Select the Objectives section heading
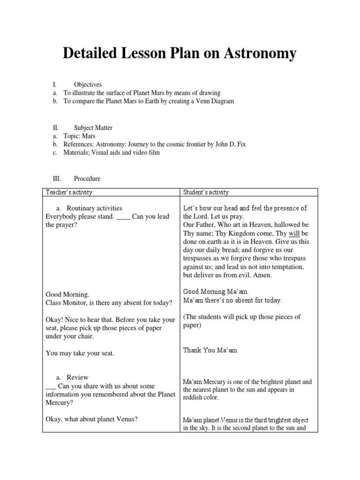(x=88, y=84)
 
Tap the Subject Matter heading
(x=93, y=127)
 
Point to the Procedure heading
(x=87, y=179)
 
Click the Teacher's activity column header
(x=69, y=192)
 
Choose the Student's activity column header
(x=206, y=192)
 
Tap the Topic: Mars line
(x=79, y=136)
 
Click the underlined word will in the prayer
(x=293, y=232)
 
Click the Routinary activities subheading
(x=94, y=208)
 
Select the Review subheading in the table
(x=77, y=377)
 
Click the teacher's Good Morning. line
(x=67, y=294)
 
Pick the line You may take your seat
(x=80, y=353)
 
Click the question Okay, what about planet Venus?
(x=91, y=419)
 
